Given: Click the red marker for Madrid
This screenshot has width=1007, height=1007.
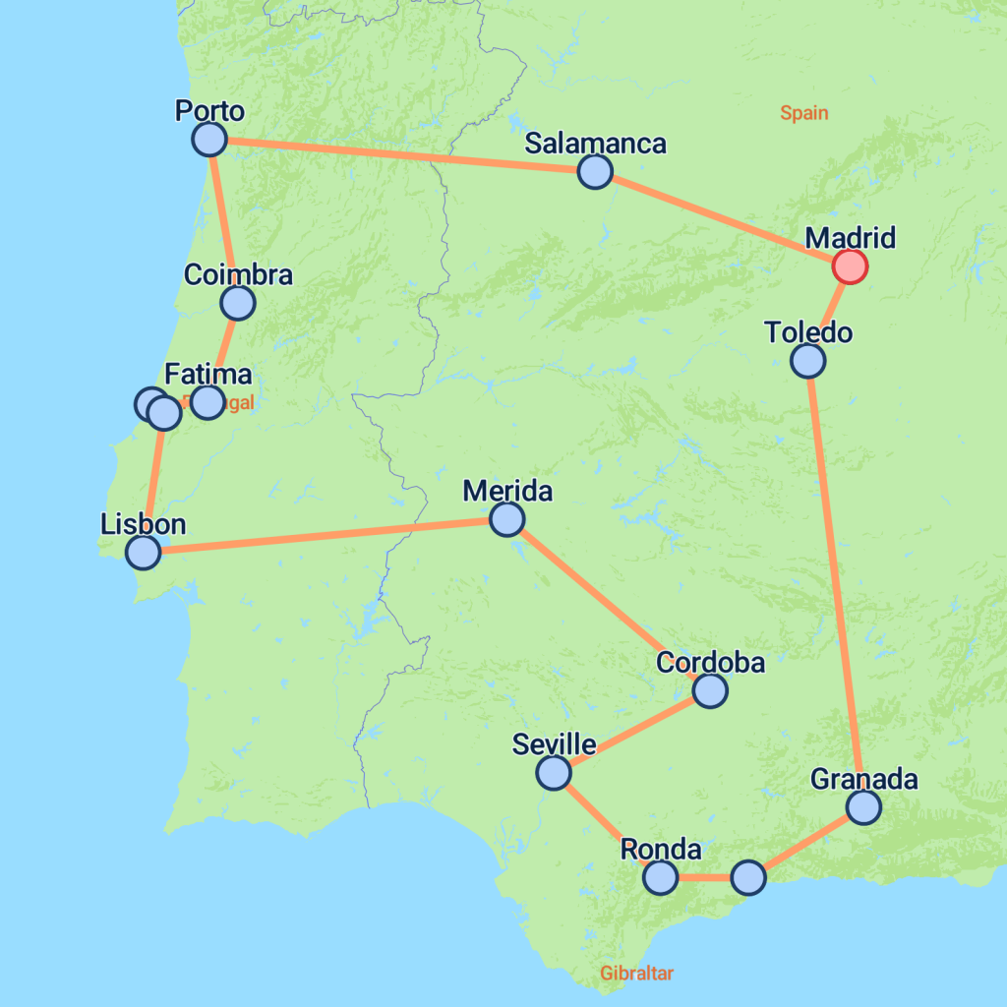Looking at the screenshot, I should coord(850,266).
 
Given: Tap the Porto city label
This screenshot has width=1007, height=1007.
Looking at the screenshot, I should coord(209,110).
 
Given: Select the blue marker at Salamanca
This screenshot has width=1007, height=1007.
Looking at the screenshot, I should coord(595,172).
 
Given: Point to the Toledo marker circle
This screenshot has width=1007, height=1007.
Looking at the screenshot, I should coord(808,361).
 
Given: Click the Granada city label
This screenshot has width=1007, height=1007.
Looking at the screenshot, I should coord(863,780).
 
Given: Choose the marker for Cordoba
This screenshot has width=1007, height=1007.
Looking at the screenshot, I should coord(709,691).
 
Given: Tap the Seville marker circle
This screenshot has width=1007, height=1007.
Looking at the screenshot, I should coord(554,773).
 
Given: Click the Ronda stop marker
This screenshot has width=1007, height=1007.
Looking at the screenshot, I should coord(661,877).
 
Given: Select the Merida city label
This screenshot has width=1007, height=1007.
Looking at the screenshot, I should coord(507,491).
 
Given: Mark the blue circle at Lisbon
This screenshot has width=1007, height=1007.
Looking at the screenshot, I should coord(144,552).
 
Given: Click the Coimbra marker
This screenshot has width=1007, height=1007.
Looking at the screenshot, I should coord(238,303).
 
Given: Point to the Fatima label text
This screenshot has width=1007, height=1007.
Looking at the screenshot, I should coord(208,375).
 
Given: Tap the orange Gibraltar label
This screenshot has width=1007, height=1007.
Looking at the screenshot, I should coord(637,974).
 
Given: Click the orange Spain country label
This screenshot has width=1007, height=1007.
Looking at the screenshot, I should coord(804,113).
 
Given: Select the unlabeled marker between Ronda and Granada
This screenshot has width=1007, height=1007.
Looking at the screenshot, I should coord(748,877).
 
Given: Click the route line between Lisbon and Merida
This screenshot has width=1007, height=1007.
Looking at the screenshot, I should coord(325,535).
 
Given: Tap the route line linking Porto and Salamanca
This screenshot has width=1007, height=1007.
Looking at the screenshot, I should coord(403,155).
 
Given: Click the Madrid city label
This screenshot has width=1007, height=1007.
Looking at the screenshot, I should coord(851,238).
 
